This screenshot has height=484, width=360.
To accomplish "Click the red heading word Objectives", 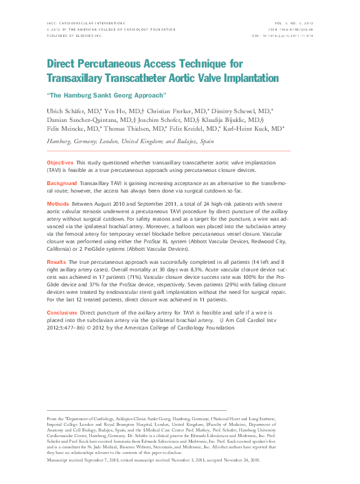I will click(x=60, y=162).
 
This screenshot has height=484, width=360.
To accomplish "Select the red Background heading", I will click(x=62, y=183).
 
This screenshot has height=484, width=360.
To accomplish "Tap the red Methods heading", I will click(x=58, y=204).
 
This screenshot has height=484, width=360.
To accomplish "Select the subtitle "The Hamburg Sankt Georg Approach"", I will click(x=107, y=95).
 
